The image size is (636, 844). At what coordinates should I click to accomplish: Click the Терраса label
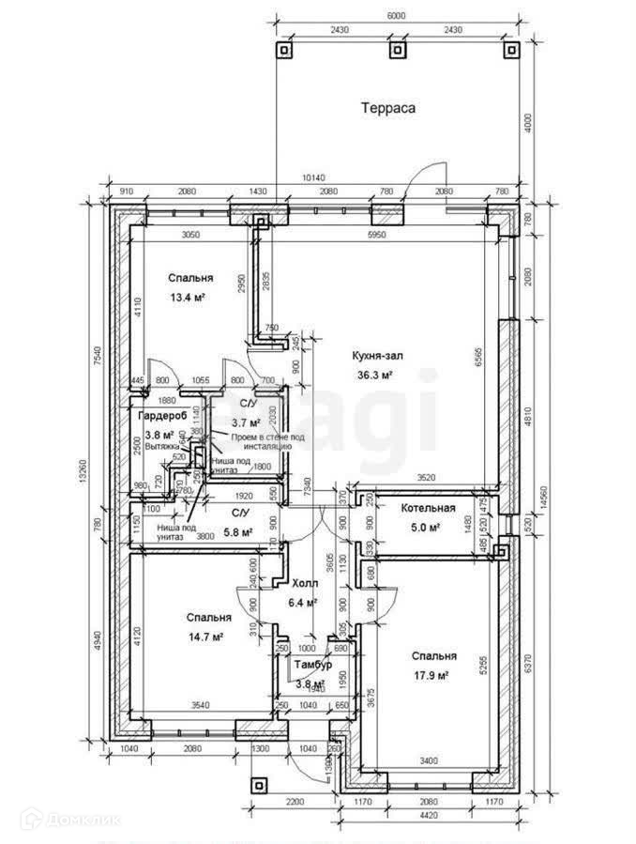(388, 107)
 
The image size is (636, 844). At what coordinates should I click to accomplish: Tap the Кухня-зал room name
(377, 356)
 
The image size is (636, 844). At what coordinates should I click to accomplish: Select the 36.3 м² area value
(375, 375)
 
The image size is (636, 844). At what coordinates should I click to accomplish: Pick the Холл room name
(304, 583)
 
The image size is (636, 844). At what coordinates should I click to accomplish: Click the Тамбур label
(312, 665)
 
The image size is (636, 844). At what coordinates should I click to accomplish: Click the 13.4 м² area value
(188, 298)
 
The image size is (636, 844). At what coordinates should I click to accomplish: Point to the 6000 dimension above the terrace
(398, 15)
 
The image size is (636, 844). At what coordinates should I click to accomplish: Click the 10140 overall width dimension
(313, 178)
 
